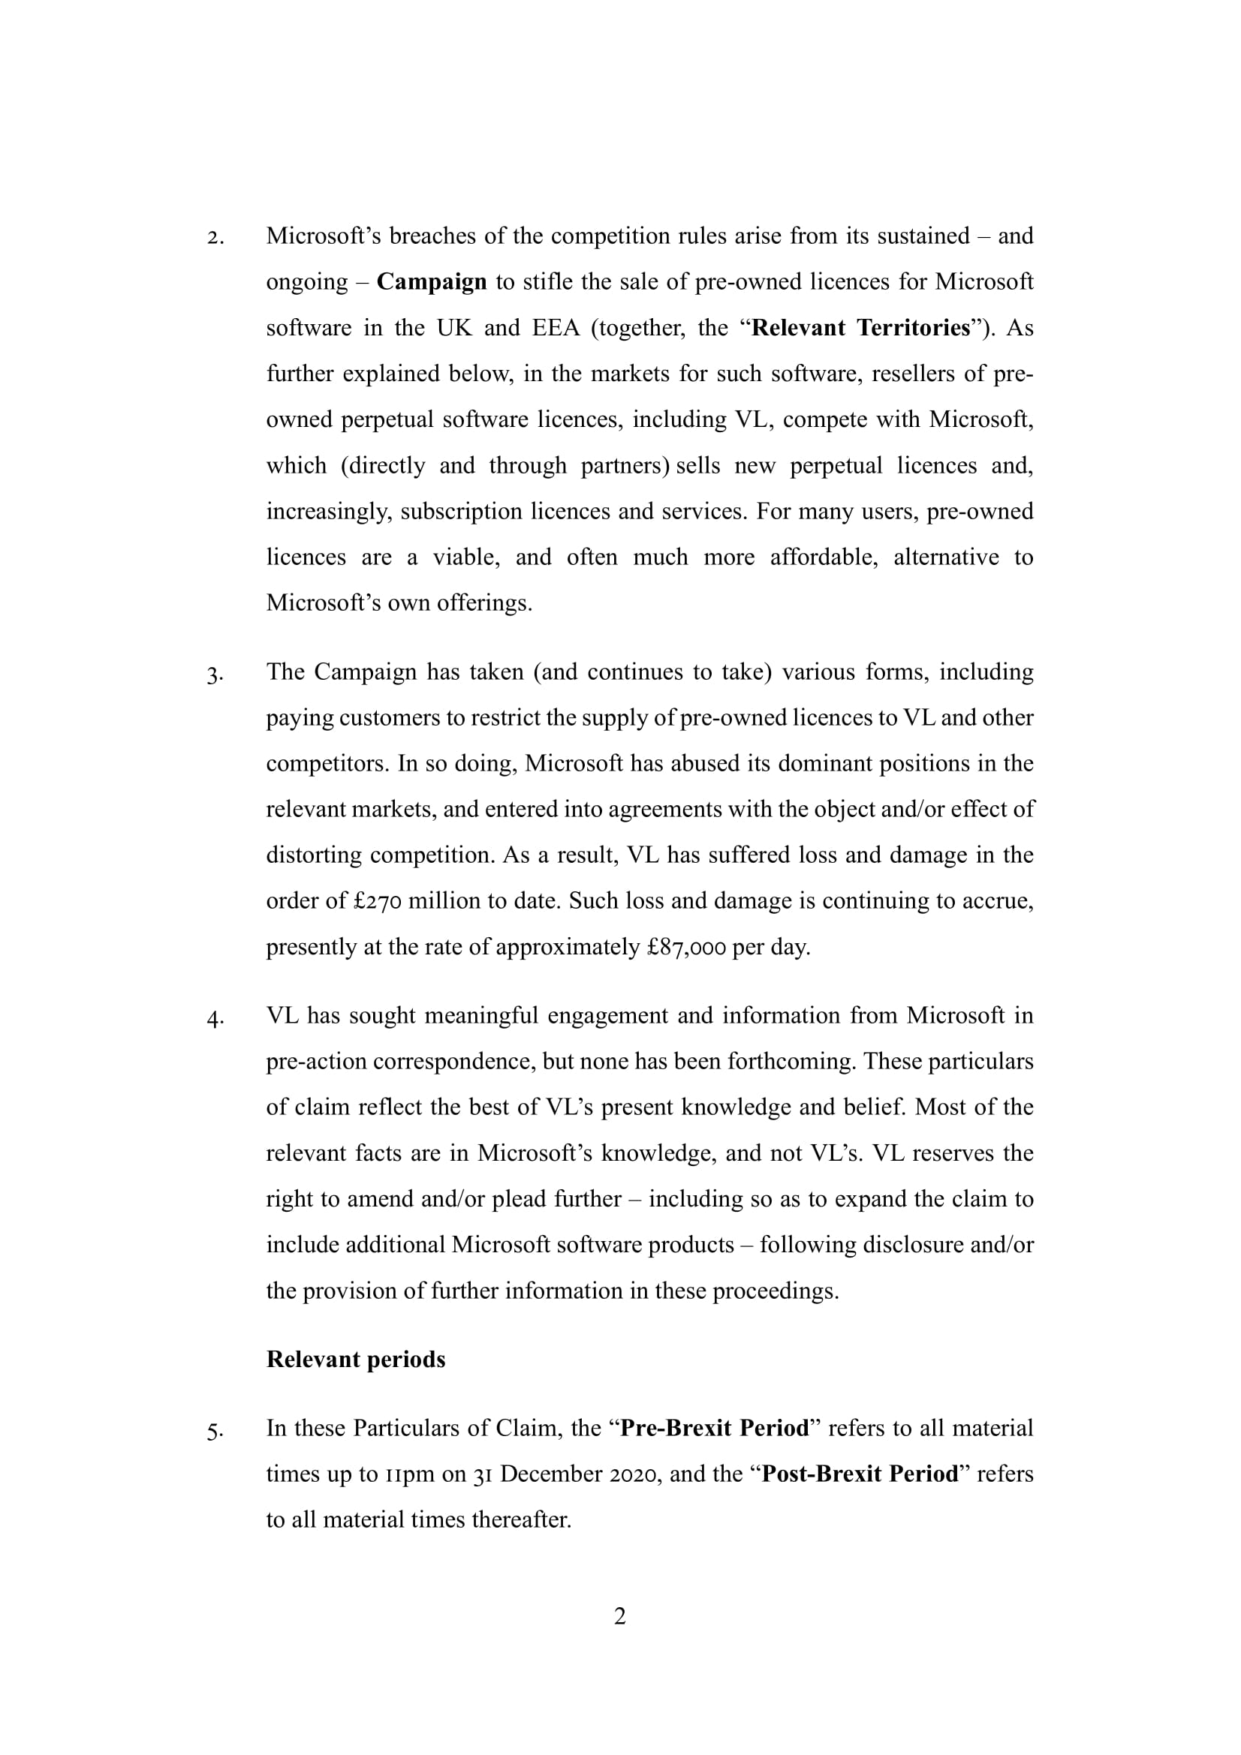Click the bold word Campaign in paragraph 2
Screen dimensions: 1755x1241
431,282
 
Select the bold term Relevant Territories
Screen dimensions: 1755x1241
861,328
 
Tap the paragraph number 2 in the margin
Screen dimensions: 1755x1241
215,238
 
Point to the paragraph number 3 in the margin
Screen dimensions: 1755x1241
215,675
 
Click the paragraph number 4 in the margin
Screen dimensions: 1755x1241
215,1018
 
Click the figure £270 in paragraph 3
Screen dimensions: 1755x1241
377,901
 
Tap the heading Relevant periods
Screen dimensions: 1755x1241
356,1359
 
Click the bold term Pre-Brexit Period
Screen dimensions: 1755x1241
714,1428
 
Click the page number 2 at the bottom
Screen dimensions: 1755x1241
620,1616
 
